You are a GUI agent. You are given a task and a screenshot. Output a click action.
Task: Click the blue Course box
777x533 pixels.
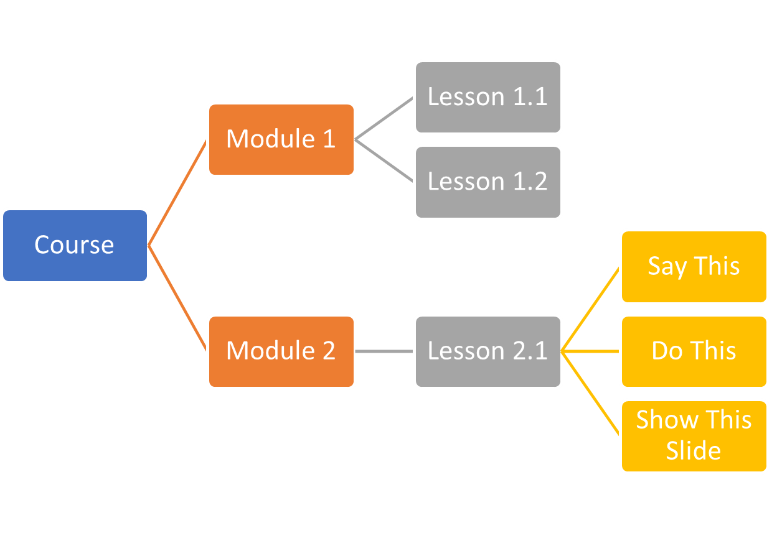pyautogui.click(x=75, y=246)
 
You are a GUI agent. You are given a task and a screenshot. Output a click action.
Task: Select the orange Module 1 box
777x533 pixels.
pyautogui.click(x=281, y=139)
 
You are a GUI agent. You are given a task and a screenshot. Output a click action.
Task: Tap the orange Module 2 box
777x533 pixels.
pyautogui.click(x=281, y=351)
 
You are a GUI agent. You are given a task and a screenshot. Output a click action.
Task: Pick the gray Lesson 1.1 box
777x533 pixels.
pyautogui.click(x=487, y=97)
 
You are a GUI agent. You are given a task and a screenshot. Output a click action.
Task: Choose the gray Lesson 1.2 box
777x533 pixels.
pyautogui.click(x=487, y=182)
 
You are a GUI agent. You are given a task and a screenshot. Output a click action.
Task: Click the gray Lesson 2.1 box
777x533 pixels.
pyautogui.click(x=487, y=351)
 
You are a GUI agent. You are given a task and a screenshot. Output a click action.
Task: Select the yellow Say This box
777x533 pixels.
pyautogui.click(x=694, y=267)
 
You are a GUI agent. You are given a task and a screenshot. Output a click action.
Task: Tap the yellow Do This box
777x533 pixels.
pyautogui.click(x=694, y=351)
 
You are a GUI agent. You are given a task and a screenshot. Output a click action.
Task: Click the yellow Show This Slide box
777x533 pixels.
pyautogui.click(x=694, y=435)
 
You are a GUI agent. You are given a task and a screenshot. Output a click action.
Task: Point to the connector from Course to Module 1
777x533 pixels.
pyautogui.click(x=177, y=193)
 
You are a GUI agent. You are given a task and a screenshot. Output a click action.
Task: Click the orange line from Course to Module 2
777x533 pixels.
pyautogui.click(x=177, y=299)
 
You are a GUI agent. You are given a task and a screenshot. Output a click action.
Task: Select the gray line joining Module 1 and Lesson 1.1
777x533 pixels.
pyautogui.click(x=384, y=118)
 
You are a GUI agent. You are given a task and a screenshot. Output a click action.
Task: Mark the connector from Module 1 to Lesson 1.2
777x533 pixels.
pyautogui.click(x=384, y=161)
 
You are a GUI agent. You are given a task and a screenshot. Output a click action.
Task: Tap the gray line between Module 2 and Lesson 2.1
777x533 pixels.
pyautogui.click(x=384, y=351)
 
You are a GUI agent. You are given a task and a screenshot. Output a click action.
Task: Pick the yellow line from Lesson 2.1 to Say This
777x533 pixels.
pyautogui.click(x=591, y=309)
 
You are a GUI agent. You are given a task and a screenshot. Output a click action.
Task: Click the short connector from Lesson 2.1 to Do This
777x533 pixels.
pyautogui.click(x=591, y=351)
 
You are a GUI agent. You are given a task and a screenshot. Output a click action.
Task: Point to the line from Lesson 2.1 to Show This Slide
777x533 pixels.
pyautogui.click(x=591, y=394)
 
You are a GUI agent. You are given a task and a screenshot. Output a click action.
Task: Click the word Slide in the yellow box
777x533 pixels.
pyautogui.click(x=693, y=450)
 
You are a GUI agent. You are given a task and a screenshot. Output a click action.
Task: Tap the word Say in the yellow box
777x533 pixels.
pyautogui.click(x=667, y=267)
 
